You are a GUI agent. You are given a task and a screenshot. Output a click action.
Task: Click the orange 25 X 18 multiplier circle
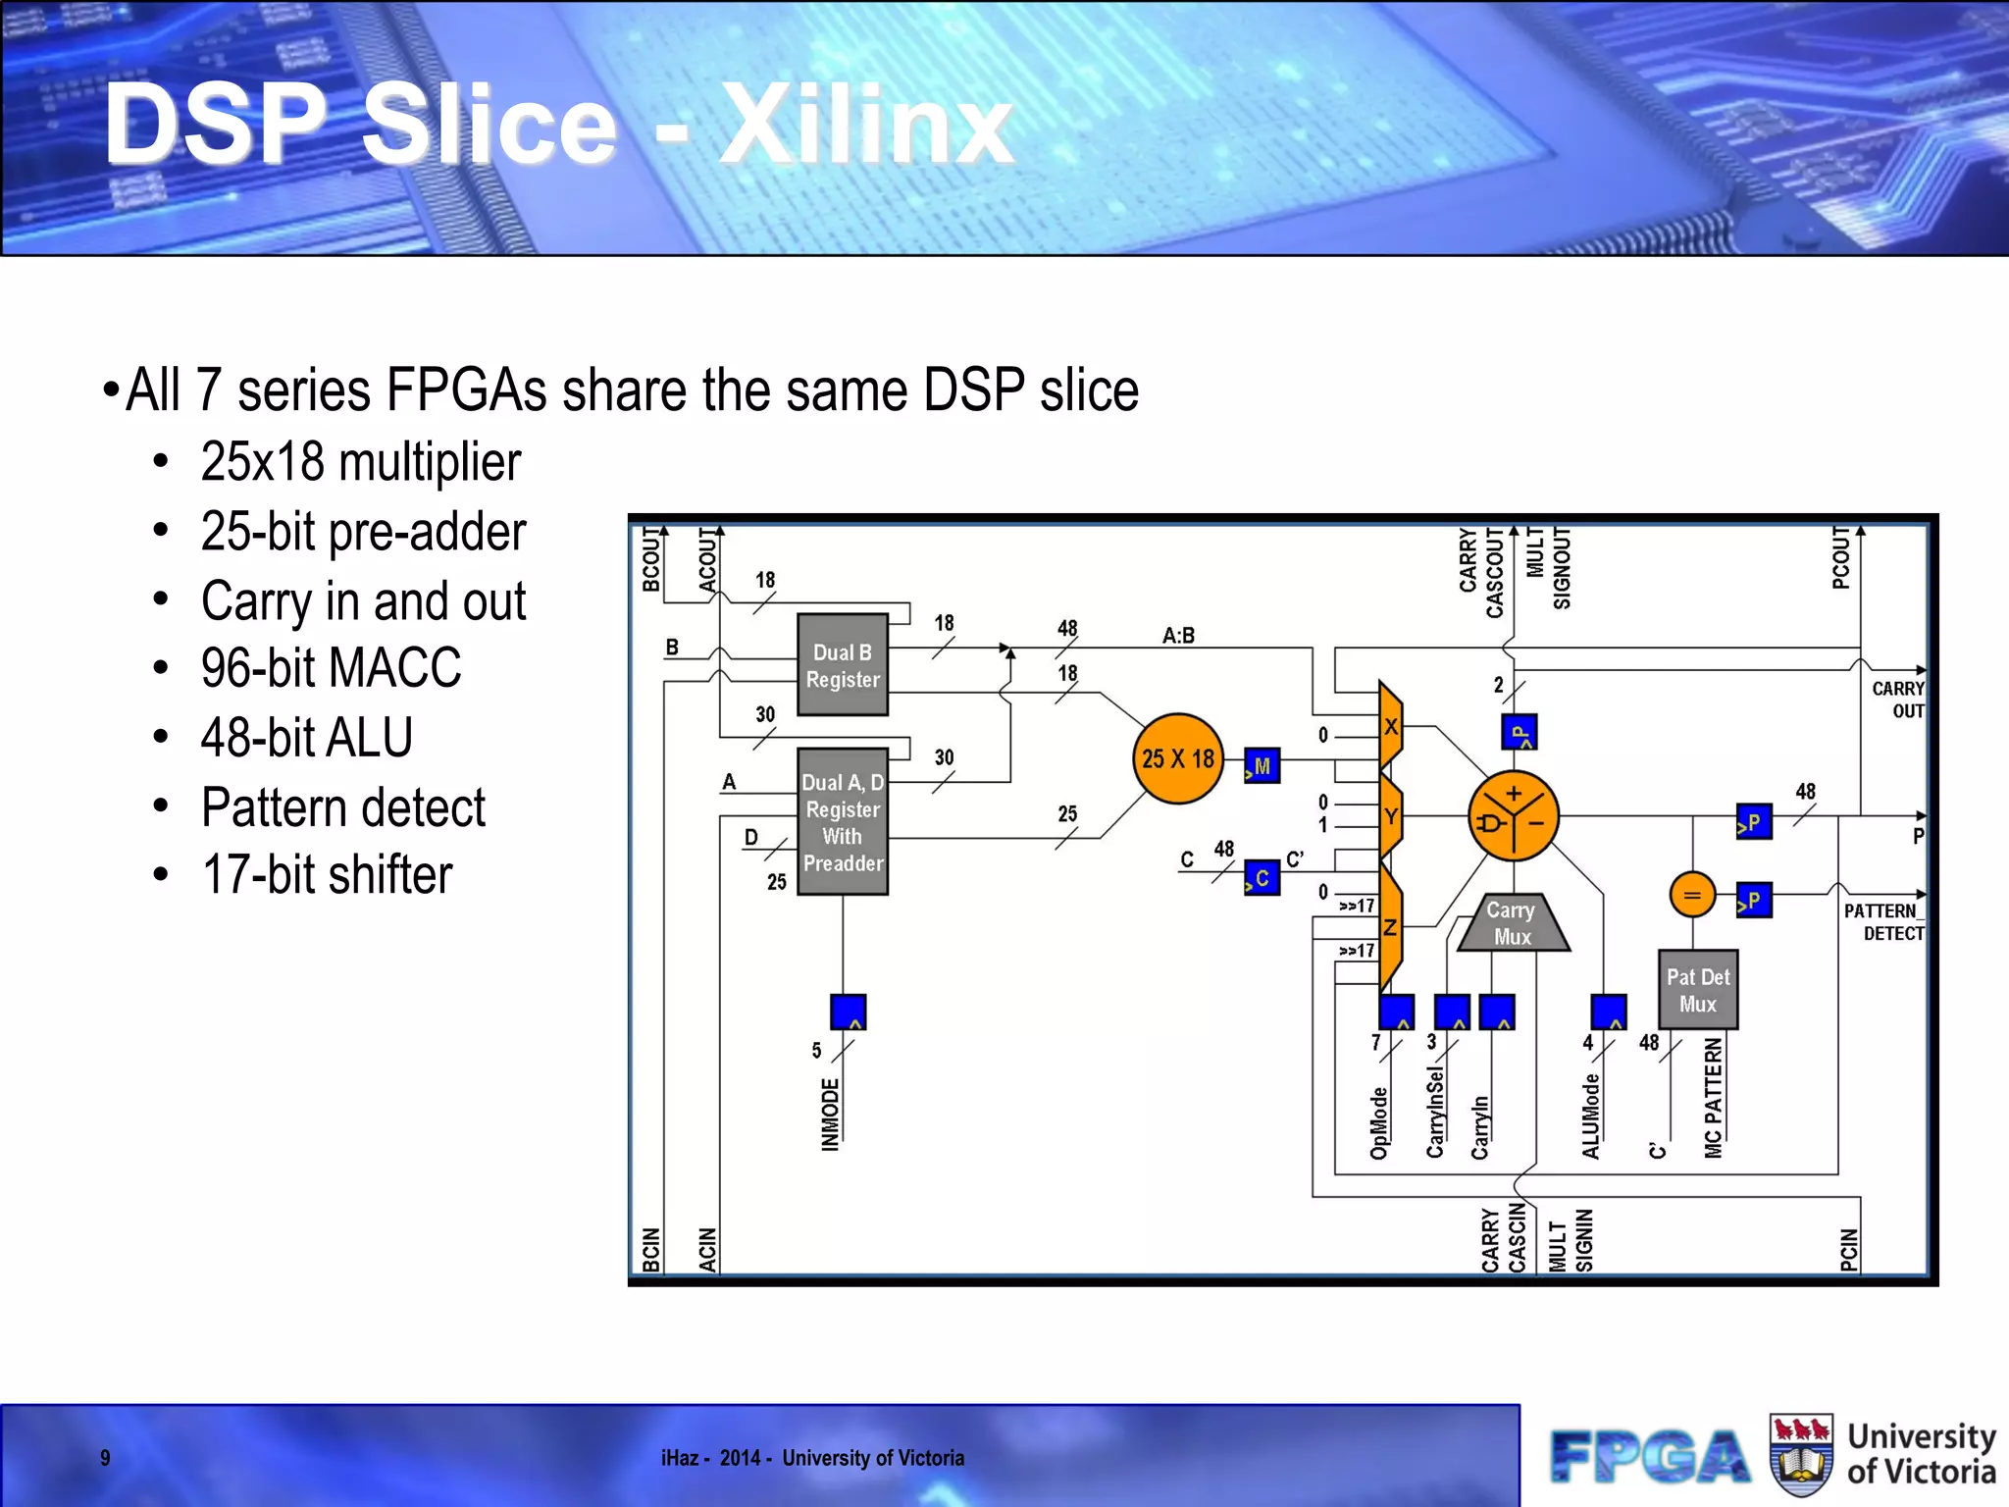[1177, 758]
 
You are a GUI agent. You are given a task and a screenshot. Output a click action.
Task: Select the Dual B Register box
[843, 665]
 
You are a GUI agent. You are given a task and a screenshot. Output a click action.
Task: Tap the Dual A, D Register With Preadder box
[843, 822]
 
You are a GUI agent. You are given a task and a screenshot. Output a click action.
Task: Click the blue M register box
[1262, 766]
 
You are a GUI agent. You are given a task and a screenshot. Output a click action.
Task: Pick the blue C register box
[1262, 878]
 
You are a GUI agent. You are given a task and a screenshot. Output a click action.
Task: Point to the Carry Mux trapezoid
[1512, 923]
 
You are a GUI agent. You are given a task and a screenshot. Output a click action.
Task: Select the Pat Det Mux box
[1697, 990]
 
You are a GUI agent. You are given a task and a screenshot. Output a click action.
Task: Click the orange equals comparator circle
[1691, 895]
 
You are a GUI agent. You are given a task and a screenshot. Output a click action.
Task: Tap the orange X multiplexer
[1390, 727]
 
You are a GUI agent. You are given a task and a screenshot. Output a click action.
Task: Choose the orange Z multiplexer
[1390, 927]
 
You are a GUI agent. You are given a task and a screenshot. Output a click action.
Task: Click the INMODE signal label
[830, 1114]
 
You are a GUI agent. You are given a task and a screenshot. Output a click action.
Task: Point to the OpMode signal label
[1378, 1122]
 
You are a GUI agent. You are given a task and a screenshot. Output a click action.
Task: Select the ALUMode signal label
[1590, 1116]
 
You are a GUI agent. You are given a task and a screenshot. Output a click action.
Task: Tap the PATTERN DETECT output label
[1882, 922]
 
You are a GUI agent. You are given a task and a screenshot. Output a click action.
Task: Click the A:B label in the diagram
[1178, 636]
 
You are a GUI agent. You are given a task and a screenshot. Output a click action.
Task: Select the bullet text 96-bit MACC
[331, 668]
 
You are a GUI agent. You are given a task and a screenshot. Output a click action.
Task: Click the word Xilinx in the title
[866, 126]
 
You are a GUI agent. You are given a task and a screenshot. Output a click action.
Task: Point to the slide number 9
[105, 1458]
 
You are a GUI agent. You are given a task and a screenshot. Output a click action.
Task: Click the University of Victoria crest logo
[1801, 1455]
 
